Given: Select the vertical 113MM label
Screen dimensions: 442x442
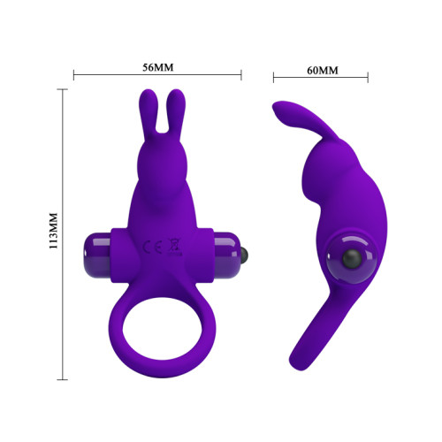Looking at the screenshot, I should [x=52, y=231].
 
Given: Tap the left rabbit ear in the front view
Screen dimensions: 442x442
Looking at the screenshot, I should [x=147, y=113].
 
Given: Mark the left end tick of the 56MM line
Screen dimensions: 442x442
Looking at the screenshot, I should [x=73, y=77].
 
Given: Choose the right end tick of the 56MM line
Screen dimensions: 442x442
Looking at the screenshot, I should [x=241, y=77].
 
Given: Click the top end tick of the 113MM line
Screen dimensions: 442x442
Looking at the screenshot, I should [x=63, y=89].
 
